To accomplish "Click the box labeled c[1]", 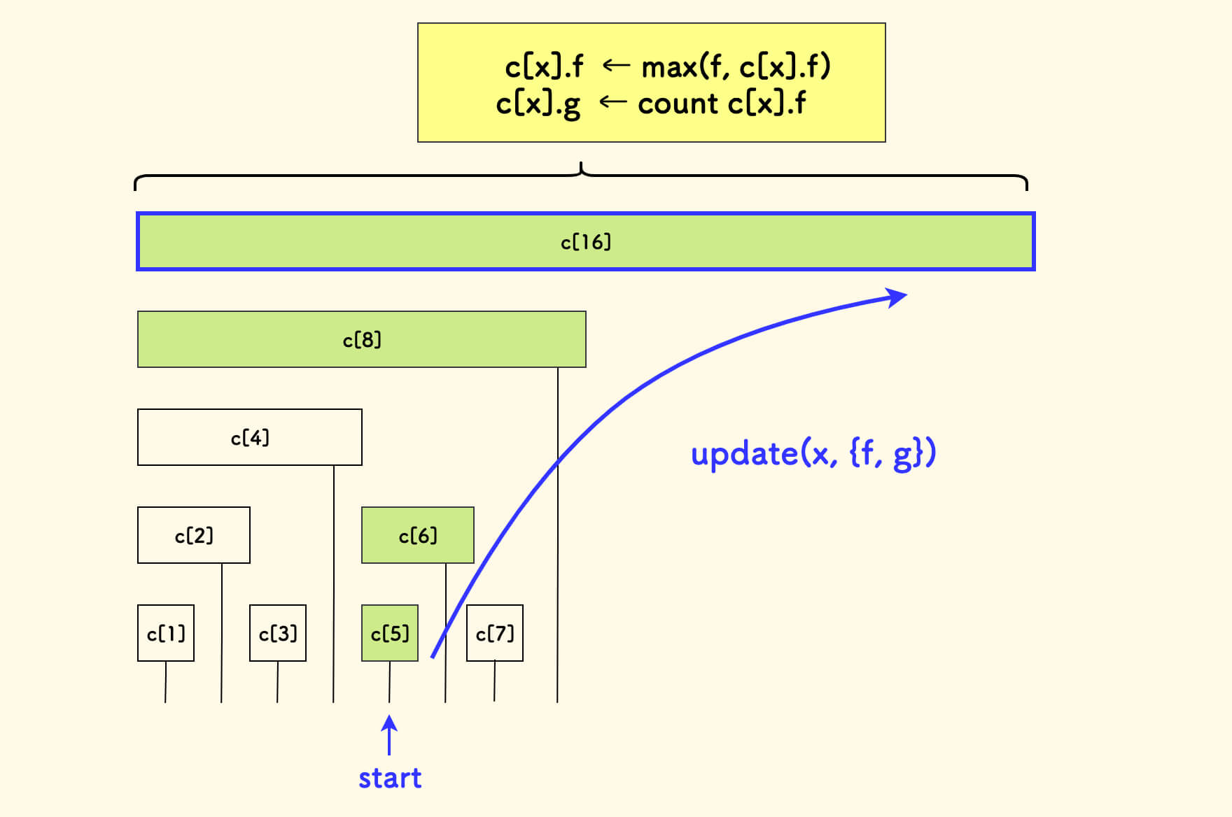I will pyautogui.click(x=166, y=633).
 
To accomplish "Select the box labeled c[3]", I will pyautogui.click(x=278, y=633).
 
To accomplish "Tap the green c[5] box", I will pyautogui.click(x=390, y=633).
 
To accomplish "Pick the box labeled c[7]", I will pyautogui.click(x=495, y=633).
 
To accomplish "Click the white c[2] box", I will pyautogui.click(x=194, y=535).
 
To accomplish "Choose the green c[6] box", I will pyautogui.click(x=418, y=535).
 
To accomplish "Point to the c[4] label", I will pyautogui.click(x=250, y=438).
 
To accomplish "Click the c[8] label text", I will pyautogui.click(x=362, y=340).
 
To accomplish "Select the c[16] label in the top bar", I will pyautogui.click(x=586, y=242).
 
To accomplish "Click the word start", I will pyautogui.click(x=390, y=778).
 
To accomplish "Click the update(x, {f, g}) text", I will pyautogui.click(x=813, y=453).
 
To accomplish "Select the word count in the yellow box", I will pyautogui.click(x=678, y=104).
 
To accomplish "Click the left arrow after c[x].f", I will pyautogui.click(x=615, y=66).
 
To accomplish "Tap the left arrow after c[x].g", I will pyautogui.click(x=612, y=102).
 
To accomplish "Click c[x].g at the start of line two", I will pyautogui.click(x=538, y=105).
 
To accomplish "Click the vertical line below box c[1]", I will pyautogui.click(x=166, y=682).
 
